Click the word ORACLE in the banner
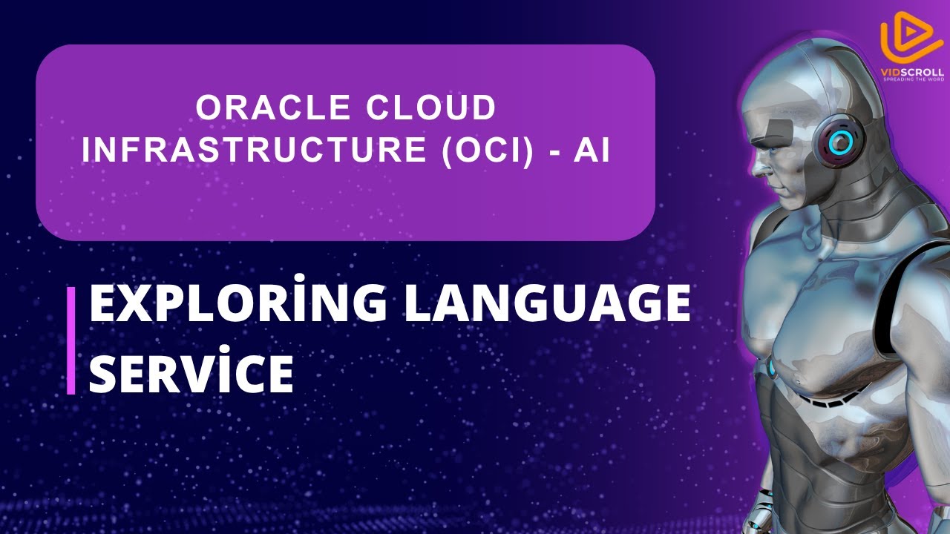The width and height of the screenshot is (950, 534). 273,108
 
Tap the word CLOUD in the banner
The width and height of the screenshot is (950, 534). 431,108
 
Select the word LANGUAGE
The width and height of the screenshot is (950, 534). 548,302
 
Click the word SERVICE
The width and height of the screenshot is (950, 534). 191,371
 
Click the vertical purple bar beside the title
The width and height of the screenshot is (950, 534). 71,340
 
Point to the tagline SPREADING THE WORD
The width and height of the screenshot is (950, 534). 914,79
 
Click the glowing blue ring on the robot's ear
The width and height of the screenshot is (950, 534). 840,143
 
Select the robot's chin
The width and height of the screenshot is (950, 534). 787,204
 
